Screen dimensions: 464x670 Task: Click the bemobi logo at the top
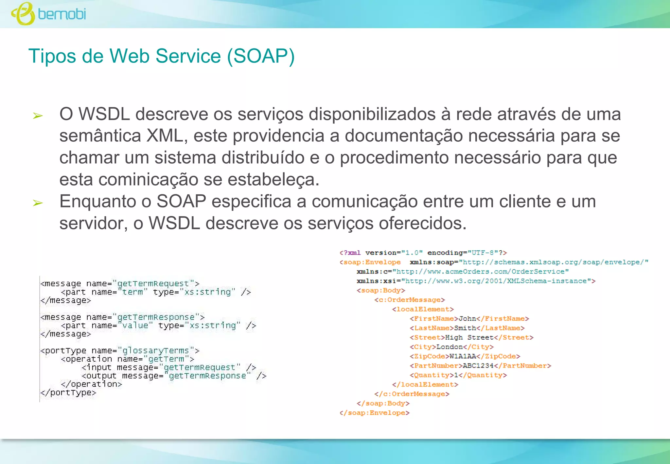point(49,14)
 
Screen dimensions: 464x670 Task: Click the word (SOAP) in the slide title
point(261,56)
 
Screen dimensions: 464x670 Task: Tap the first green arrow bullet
point(38,116)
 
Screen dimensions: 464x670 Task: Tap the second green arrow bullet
point(38,203)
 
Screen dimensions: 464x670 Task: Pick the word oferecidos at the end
point(422,223)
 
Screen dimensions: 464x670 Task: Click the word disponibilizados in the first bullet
point(372,114)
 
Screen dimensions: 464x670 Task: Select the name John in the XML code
point(467,319)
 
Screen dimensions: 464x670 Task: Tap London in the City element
point(450,347)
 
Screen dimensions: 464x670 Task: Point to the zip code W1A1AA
point(463,356)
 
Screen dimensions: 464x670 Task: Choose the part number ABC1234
point(478,366)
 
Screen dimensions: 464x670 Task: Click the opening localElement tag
point(423,309)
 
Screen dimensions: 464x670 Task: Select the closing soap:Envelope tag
point(374,413)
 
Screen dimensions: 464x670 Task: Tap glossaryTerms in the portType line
point(155,351)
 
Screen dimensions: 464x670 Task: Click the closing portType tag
point(68,393)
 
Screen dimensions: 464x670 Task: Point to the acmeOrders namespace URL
point(481,272)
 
